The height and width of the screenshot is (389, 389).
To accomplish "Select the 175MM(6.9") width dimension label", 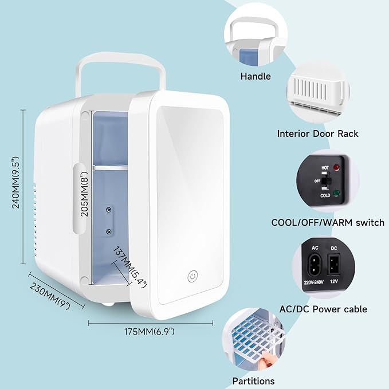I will tap(151, 331).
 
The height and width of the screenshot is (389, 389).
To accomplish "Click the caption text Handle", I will tap(256, 76).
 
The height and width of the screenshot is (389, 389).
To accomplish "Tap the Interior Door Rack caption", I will tap(317, 133).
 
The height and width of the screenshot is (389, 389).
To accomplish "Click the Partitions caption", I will tap(253, 381).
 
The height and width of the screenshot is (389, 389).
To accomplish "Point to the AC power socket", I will tap(314, 265).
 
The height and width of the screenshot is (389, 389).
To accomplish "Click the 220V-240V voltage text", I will tap(314, 281).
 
